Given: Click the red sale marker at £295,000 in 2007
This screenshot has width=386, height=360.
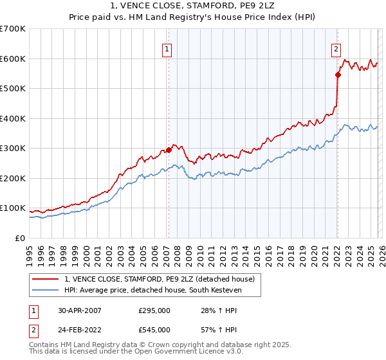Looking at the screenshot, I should coord(169,150).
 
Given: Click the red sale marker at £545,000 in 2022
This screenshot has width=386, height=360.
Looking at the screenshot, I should coord(337,75).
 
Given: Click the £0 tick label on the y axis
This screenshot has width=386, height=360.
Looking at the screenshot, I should coord(20,238).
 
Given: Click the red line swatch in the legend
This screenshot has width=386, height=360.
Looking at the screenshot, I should coord(46,279).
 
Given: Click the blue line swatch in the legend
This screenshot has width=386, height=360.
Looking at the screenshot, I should coord(46,290).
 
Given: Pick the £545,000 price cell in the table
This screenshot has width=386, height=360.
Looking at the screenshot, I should coord(154,329).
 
